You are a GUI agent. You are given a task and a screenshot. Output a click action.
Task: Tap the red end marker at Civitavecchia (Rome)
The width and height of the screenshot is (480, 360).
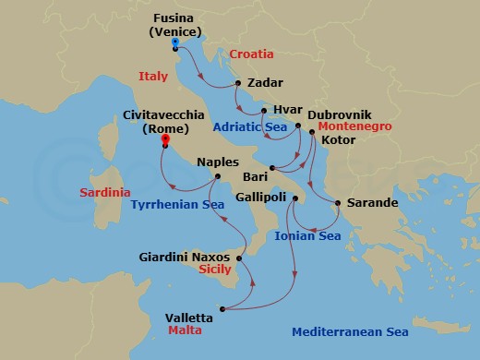pyautogui.click(x=164, y=141)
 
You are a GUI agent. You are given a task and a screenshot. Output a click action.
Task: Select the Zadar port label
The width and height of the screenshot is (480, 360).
pyautogui.click(x=266, y=81)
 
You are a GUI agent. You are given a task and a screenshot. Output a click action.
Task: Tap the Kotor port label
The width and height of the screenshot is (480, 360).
pyautogui.click(x=338, y=142)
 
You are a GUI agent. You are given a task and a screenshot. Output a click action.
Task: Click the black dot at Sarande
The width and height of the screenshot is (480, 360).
pyautogui.click(x=338, y=203)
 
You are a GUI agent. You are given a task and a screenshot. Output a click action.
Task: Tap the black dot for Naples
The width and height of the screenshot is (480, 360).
pyautogui.click(x=217, y=176)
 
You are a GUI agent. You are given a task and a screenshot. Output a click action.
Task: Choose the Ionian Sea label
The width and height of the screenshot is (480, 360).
pyautogui.click(x=308, y=236)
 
